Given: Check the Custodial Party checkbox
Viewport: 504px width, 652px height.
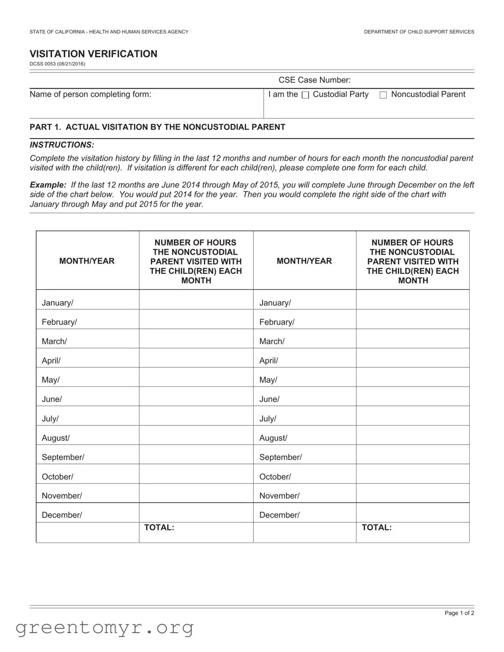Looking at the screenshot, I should (305, 95).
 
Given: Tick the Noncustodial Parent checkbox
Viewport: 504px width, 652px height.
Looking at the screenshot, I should (383, 95).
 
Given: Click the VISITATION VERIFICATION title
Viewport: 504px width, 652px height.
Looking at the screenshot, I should (93, 54).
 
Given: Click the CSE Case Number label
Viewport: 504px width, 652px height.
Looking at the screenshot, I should (314, 80).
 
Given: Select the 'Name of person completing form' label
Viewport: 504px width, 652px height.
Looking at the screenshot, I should (90, 94).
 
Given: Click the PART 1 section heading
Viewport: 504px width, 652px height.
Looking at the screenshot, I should (157, 127).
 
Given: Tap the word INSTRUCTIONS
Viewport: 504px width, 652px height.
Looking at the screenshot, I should (62, 145).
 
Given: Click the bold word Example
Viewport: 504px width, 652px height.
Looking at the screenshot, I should (47, 185).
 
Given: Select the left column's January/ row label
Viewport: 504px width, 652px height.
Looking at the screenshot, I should (57, 303).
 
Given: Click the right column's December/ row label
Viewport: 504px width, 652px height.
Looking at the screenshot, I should (279, 515).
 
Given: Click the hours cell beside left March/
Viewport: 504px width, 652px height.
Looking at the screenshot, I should (196, 339).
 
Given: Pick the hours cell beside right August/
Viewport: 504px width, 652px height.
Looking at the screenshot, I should (412, 435).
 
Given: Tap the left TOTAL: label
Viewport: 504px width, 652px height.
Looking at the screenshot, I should (159, 528).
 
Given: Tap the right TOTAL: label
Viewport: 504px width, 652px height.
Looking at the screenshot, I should (377, 528).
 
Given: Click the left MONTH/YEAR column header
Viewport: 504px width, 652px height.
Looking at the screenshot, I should (87, 261).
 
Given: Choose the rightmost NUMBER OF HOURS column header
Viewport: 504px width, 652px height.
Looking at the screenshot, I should (412, 261).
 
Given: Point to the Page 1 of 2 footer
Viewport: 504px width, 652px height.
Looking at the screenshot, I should (459, 613).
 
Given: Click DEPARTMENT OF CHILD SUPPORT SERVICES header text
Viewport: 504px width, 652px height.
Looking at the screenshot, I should (419, 32).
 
